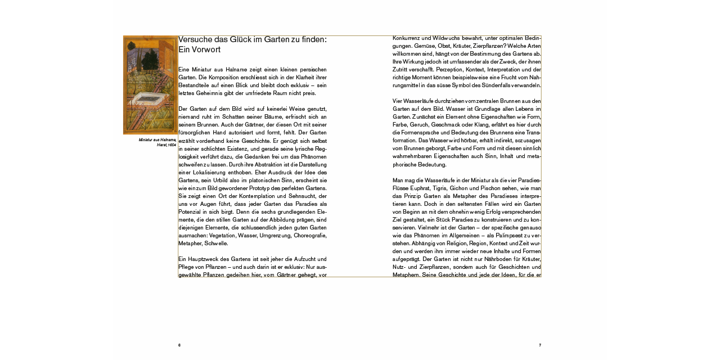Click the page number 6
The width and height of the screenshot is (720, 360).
coord(179,345)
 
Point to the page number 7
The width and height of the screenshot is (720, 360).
coord(540,345)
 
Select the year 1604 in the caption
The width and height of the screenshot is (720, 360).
coord(172,145)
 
